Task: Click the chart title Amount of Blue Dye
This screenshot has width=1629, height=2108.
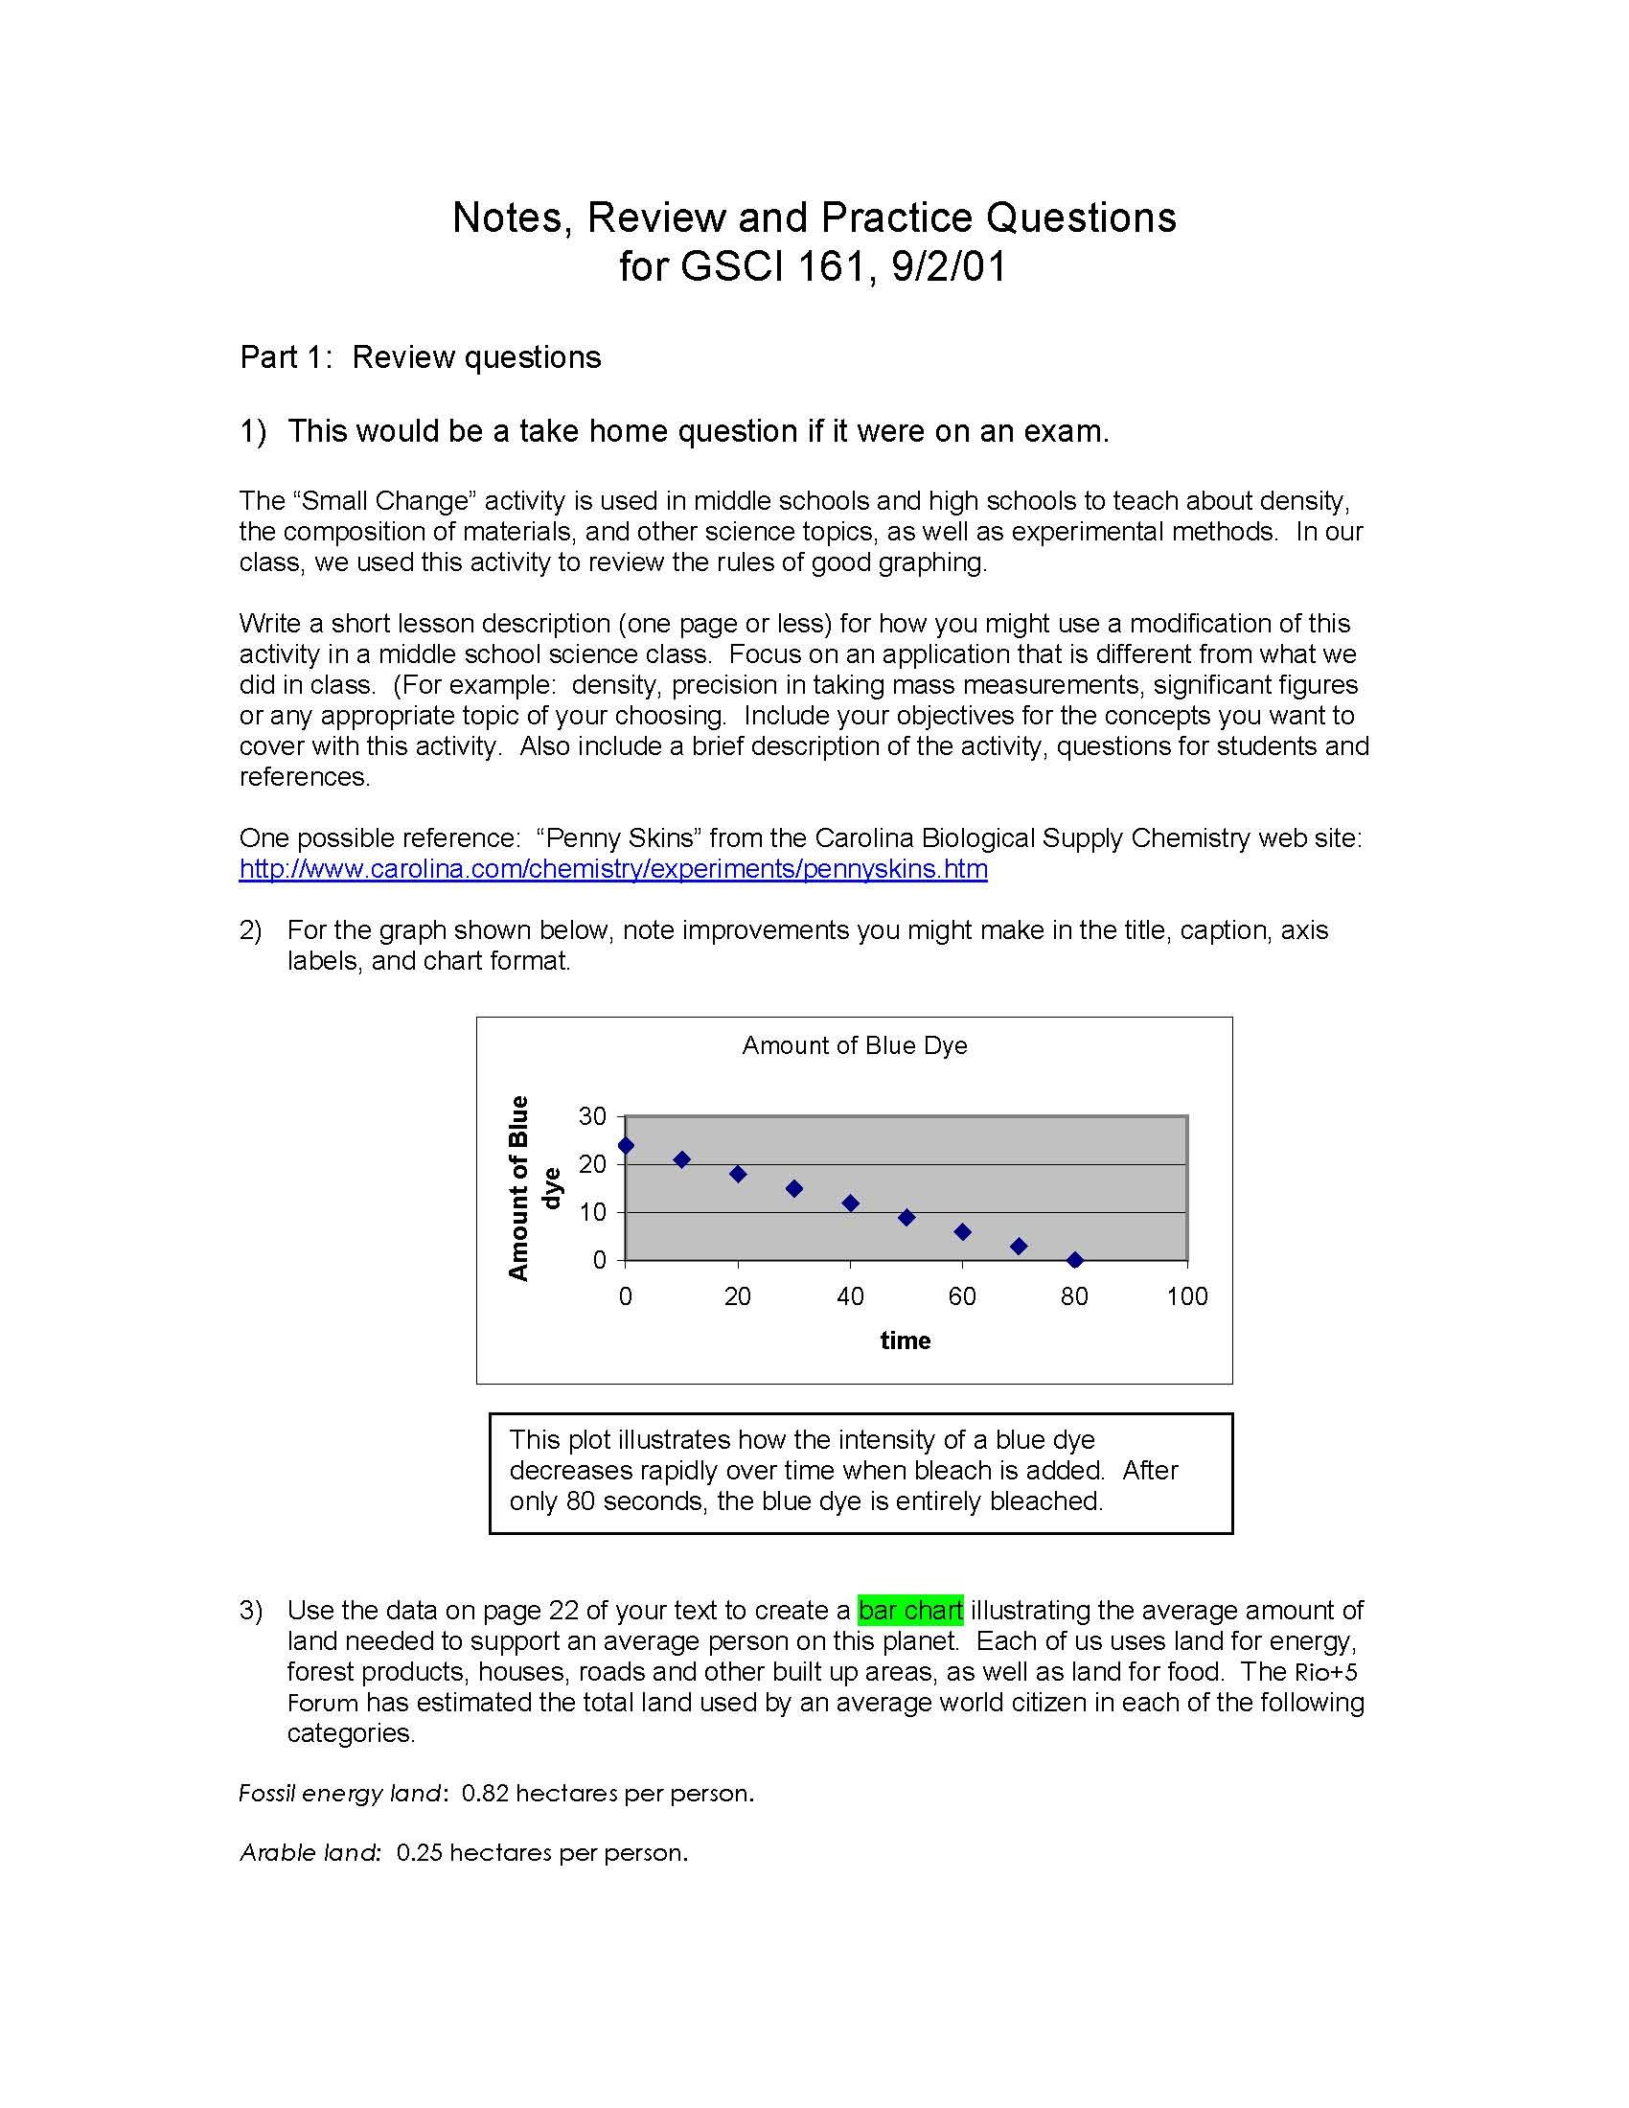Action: click(854, 1045)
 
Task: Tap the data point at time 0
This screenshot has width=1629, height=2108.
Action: click(626, 1146)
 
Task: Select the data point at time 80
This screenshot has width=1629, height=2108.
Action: click(1075, 1260)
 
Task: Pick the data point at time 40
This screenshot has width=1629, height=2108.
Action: click(850, 1203)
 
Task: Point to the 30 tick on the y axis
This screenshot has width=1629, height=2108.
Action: click(592, 1116)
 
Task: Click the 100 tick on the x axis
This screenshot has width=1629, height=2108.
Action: click(1187, 1296)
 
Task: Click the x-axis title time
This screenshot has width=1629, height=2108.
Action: click(906, 1340)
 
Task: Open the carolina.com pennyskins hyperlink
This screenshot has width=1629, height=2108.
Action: click(613, 869)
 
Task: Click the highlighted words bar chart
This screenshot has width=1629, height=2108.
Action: click(910, 1610)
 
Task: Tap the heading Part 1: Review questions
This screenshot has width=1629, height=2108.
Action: click(420, 357)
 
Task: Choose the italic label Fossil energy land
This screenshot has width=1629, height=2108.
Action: click(342, 1794)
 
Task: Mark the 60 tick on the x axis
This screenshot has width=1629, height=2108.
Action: click(962, 1296)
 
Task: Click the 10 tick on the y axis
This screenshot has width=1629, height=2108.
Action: click(592, 1212)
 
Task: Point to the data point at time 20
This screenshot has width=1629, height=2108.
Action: click(738, 1174)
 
